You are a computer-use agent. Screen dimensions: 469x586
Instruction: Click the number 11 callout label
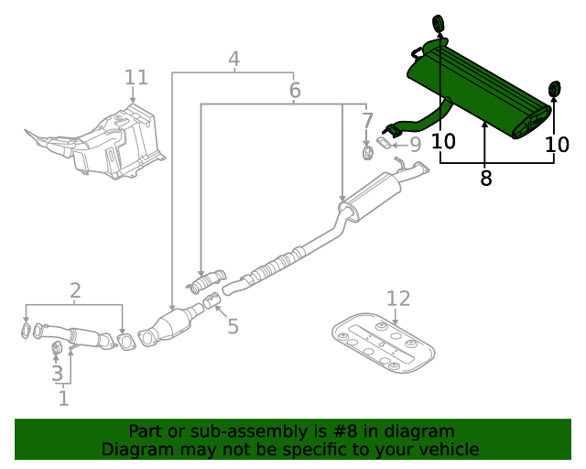(x=136, y=77)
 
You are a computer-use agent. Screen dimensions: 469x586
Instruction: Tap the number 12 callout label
(x=398, y=299)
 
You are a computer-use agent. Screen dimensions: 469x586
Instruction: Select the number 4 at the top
(x=234, y=60)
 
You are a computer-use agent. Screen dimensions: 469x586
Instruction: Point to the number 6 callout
(x=294, y=91)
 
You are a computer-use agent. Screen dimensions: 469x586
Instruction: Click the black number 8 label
(x=485, y=179)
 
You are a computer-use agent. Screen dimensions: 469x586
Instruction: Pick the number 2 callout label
(x=75, y=291)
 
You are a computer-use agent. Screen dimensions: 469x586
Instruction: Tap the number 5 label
(x=233, y=326)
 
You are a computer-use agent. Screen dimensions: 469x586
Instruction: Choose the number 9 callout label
(x=415, y=144)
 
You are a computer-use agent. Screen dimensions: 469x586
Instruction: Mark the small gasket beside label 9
(x=388, y=143)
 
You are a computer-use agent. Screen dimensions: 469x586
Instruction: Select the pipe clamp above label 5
(x=211, y=301)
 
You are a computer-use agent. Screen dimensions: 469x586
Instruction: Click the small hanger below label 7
(x=367, y=151)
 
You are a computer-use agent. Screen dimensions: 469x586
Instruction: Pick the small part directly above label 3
(x=55, y=347)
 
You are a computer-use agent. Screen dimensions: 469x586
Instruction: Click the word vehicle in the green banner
(x=446, y=449)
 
